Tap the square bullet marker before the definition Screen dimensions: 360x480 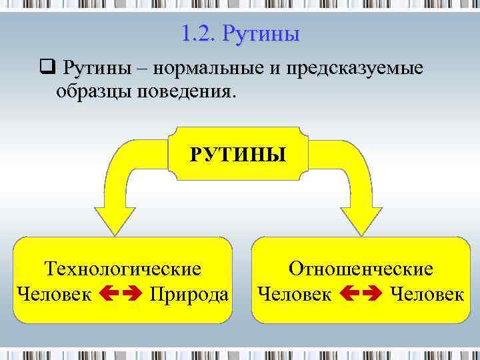[x=46, y=69]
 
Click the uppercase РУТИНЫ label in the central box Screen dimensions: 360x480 [x=238, y=155]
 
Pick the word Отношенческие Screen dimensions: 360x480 [x=361, y=269]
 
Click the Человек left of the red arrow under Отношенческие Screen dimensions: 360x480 [x=294, y=293]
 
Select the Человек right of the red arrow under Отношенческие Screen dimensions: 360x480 [x=427, y=293]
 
